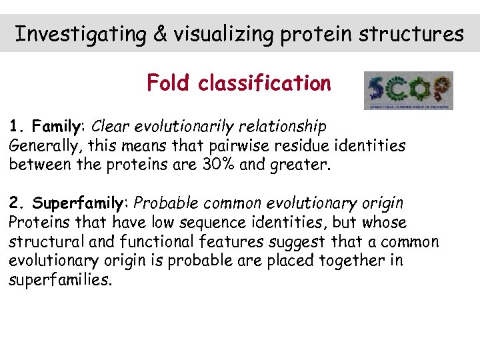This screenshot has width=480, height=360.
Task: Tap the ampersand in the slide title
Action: (x=161, y=34)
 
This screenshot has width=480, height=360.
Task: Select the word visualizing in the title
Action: (x=220, y=34)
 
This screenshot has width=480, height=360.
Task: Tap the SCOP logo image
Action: (x=408, y=91)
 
